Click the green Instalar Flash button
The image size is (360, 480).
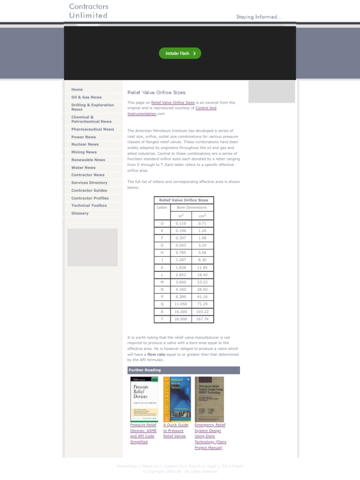point(180,53)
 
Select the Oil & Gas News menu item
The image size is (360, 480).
point(86,97)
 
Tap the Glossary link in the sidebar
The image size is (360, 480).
point(80,213)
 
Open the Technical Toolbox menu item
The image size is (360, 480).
point(89,206)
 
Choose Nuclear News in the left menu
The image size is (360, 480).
point(85,144)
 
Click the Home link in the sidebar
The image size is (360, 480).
point(77,90)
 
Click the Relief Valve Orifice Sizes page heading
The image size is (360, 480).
point(157,93)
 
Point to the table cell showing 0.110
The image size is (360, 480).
point(180,224)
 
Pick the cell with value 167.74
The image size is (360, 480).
point(202,319)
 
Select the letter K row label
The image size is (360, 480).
point(162,268)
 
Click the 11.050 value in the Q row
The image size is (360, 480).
point(180,304)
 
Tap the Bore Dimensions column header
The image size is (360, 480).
point(191,207)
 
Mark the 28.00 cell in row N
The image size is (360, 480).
point(202,290)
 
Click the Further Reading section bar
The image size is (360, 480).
point(183,370)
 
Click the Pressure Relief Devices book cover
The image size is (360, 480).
point(144,399)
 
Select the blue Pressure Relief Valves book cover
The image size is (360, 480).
point(177,399)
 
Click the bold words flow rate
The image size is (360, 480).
point(156,355)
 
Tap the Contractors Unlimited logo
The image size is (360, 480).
point(89,11)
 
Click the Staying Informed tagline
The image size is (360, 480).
point(259,17)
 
